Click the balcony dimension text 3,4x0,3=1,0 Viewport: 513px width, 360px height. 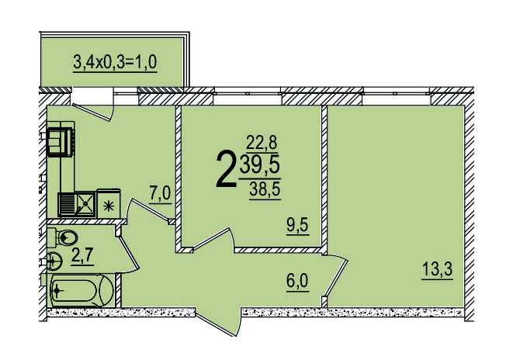coord(115,62)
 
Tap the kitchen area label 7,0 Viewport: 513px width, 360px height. coord(160,193)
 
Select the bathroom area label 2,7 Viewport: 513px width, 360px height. coord(82,255)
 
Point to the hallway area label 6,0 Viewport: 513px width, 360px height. coord(297,281)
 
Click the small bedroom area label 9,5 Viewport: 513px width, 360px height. coord(297,225)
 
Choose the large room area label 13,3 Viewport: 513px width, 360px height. coord(438,269)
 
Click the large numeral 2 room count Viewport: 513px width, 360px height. coord(226,169)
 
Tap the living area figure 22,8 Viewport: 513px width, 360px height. coord(262,143)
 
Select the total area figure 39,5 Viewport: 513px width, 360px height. coord(260,165)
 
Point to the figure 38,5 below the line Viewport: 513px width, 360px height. coord(265,189)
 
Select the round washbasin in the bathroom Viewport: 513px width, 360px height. coord(54,261)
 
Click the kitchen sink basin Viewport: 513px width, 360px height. coord(85,204)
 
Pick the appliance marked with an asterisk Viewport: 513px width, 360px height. coord(109,203)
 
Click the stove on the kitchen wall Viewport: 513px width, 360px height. coord(61,141)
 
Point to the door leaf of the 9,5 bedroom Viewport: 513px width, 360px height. coord(210,239)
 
